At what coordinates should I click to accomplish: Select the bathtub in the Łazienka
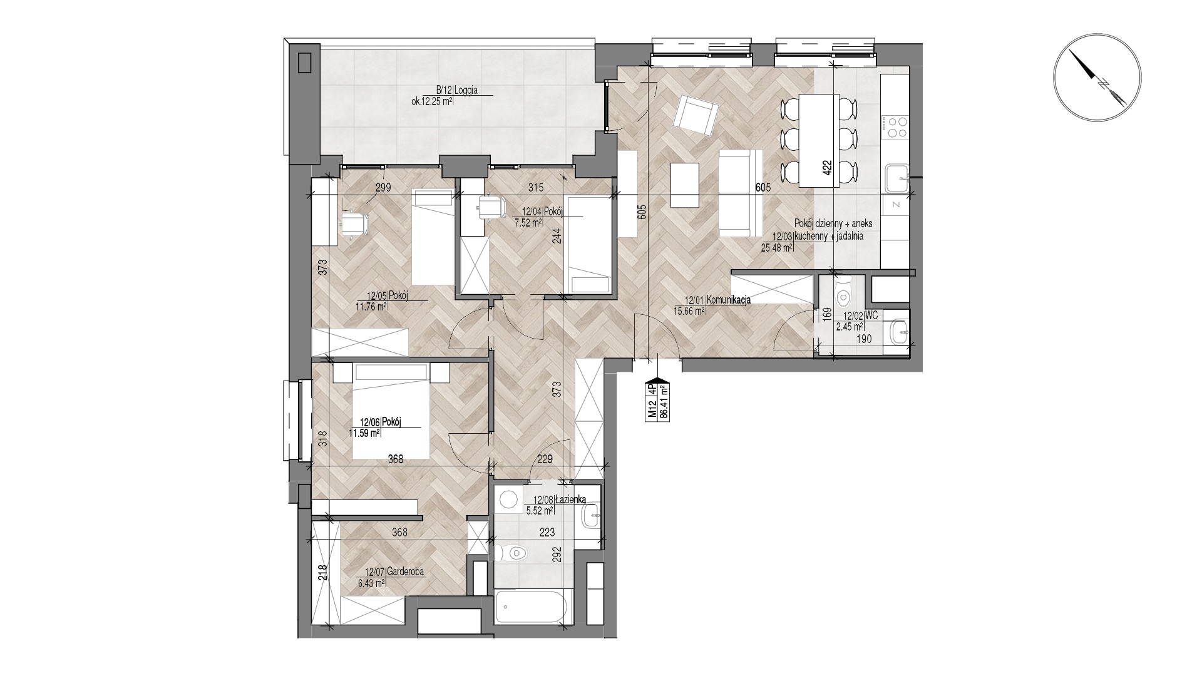point(533,606)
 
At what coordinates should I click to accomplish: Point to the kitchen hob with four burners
point(893,128)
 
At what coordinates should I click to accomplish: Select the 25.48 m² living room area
point(777,247)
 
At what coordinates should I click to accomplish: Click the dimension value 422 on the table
point(827,170)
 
